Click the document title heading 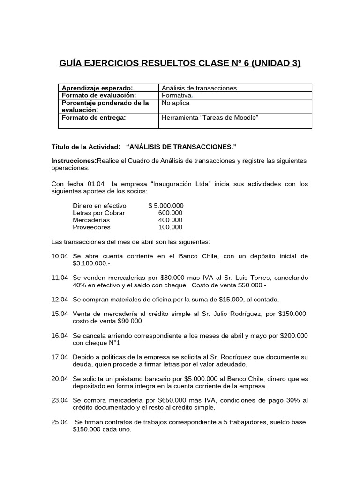point(180,62)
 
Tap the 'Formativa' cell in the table point(177,95)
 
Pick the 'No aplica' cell point(176,103)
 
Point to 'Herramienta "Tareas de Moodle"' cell point(210,117)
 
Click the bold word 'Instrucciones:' point(74,161)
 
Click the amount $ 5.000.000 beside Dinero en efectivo point(165,206)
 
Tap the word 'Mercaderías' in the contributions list point(91,220)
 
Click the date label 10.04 point(60,256)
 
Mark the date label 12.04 point(60,300)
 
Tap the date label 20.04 point(60,379)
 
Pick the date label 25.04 point(60,422)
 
